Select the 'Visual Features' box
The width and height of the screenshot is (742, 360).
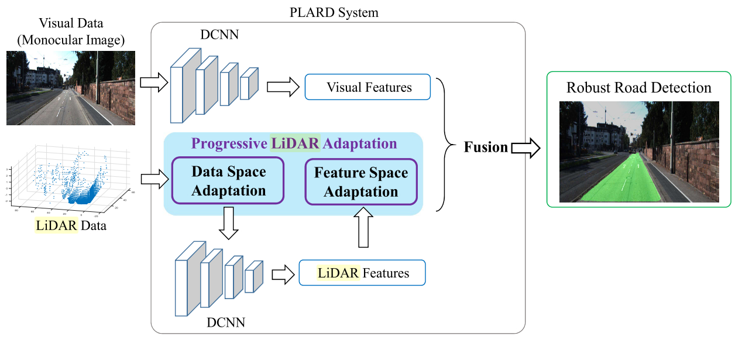[x=367, y=88]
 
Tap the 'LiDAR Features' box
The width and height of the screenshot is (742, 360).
[x=362, y=273]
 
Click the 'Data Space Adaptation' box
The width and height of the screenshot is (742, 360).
[x=228, y=181]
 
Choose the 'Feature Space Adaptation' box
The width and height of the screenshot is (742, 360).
[x=361, y=183]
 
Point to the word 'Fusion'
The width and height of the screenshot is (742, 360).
[x=486, y=147]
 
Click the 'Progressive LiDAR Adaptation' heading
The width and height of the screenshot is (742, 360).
[x=294, y=143]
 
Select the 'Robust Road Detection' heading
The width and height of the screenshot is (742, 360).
[x=638, y=88]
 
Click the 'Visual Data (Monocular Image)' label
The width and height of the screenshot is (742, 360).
[x=70, y=32]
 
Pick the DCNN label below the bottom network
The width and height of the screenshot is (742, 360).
[x=226, y=322]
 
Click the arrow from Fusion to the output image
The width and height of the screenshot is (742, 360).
[x=525, y=148]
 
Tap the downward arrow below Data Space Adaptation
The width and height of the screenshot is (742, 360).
[x=228, y=224]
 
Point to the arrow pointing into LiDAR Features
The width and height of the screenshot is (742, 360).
[x=283, y=273]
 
